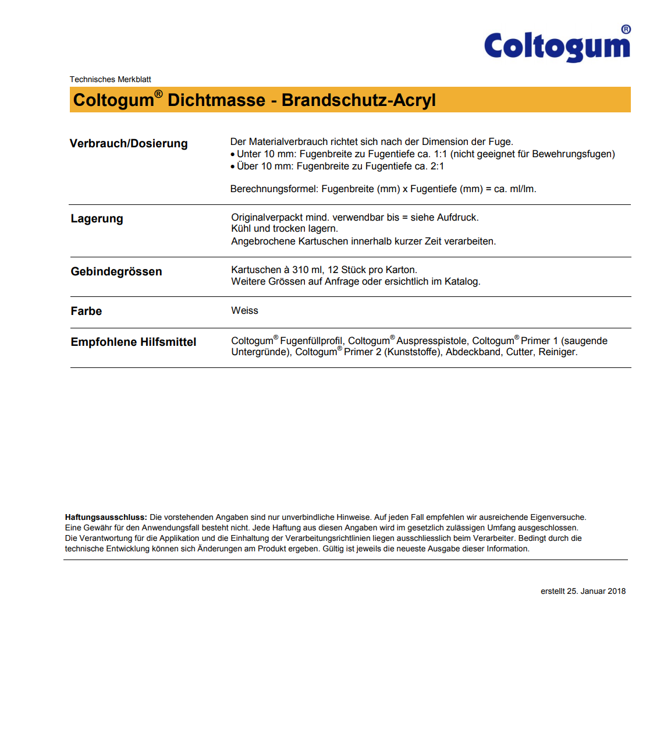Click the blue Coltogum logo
pyautogui.click(x=557, y=45)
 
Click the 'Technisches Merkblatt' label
pyautogui.click(x=111, y=79)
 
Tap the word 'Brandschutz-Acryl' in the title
pyautogui.click(x=358, y=100)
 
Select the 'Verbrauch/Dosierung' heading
pyautogui.click(x=129, y=144)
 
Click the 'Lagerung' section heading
pyautogui.click(x=97, y=219)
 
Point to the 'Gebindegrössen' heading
pyautogui.click(x=116, y=272)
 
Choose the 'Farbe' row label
pyautogui.click(x=86, y=311)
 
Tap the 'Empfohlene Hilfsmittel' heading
pyautogui.click(x=133, y=342)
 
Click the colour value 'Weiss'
pyautogui.click(x=244, y=311)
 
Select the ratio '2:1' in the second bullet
pyautogui.click(x=437, y=167)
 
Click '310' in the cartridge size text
pyautogui.click(x=300, y=270)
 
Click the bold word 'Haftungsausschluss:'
pyautogui.click(x=106, y=518)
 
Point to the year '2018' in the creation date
pyautogui.click(x=616, y=592)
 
